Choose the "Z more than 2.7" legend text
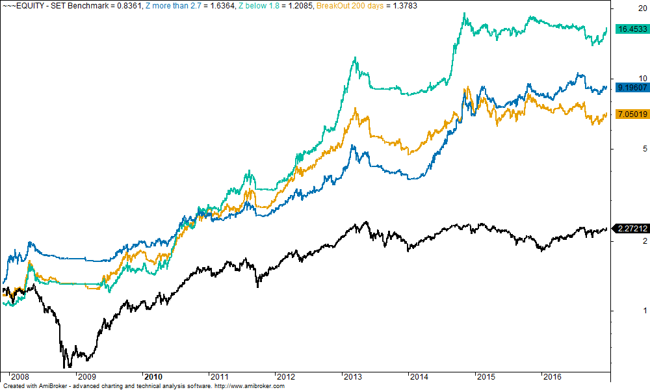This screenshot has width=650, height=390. coord(171,5)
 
